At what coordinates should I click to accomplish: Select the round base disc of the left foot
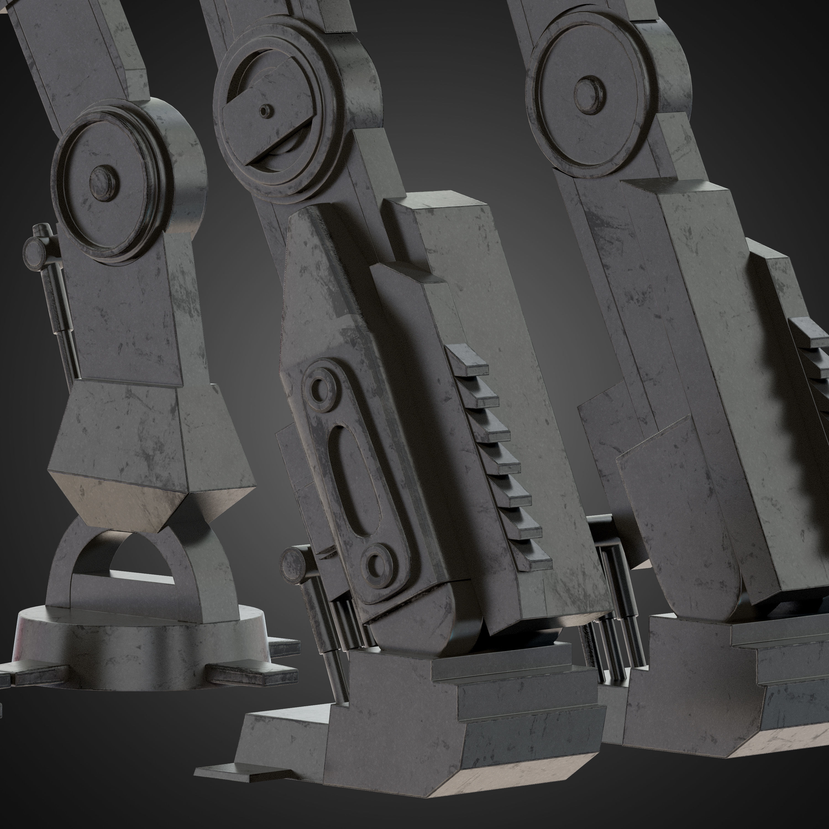point(141,644)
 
